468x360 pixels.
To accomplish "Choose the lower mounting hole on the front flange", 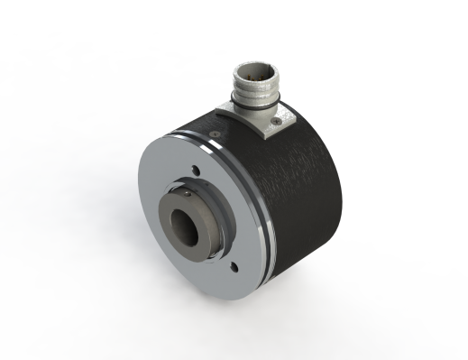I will pos(233,265).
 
